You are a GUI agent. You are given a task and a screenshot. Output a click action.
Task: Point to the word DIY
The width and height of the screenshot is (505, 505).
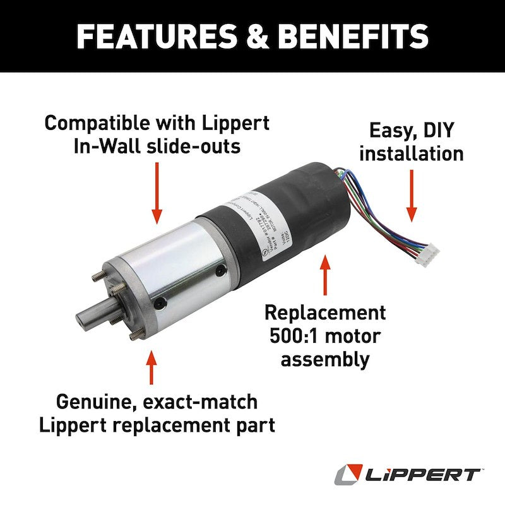pos(440,131)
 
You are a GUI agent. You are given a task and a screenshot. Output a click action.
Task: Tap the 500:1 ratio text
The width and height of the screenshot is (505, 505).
pos(301,336)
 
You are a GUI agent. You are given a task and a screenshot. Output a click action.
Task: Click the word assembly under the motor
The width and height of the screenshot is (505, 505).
pos(324,360)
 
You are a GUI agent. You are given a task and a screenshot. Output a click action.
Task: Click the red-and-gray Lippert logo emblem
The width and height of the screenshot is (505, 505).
pos(350,474)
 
